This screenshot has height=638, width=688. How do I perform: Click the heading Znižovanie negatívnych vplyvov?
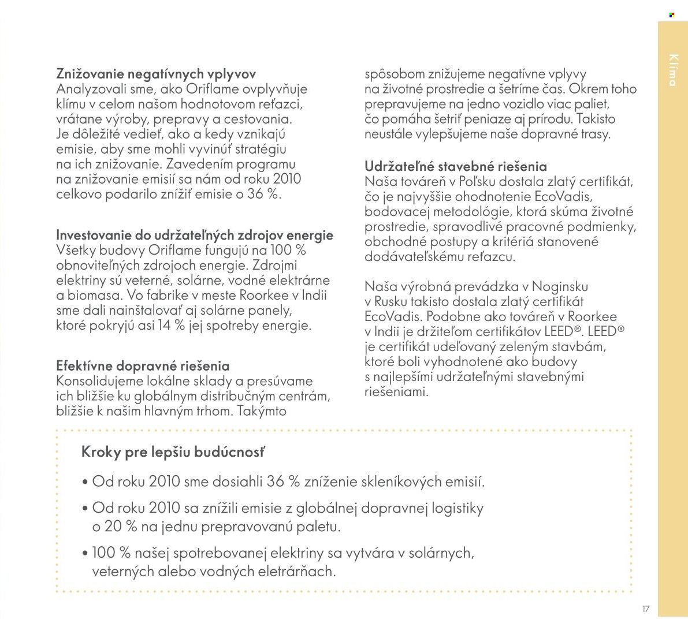pos(156,74)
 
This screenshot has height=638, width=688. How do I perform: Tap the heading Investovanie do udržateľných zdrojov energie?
pos(195,235)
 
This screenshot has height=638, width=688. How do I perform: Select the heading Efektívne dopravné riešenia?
pos(143,365)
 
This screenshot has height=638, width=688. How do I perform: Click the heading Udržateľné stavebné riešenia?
pos(456,166)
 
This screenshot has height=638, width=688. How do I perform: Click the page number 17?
pos(645,609)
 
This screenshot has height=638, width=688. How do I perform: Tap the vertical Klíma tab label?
pos(672,70)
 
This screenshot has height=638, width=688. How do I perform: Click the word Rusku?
pos(395,301)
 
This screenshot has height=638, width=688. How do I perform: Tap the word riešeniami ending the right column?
pos(397,391)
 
